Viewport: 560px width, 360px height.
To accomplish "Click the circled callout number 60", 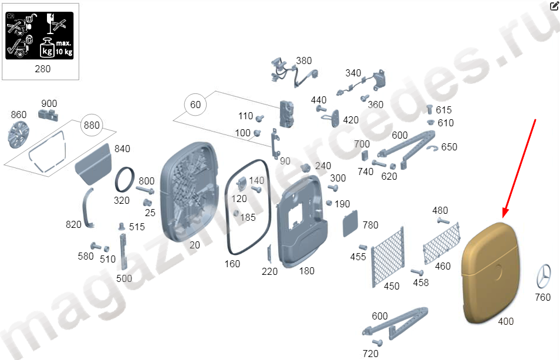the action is click(x=195, y=105).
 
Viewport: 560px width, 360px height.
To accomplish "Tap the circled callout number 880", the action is click(x=92, y=125).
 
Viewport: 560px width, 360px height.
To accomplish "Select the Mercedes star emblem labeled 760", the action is click(x=544, y=276).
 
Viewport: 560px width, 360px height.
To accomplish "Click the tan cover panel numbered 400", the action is click(x=491, y=272).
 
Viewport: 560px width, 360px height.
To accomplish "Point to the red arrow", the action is click(x=519, y=168).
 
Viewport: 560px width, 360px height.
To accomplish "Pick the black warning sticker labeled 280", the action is click(x=40, y=35).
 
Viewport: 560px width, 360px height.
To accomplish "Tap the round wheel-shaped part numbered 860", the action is click(x=18, y=134).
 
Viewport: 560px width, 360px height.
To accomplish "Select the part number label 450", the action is click(x=392, y=286).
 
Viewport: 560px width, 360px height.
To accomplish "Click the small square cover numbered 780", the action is click(x=350, y=224).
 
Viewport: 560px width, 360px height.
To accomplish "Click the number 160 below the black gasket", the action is click(x=232, y=264).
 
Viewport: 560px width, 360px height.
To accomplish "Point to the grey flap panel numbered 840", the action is click(x=93, y=164).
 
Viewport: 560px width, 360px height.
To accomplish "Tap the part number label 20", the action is click(x=195, y=245).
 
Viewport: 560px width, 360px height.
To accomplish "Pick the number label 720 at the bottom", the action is click(x=370, y=354).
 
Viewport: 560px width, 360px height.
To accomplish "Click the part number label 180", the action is click(x=307, y=271).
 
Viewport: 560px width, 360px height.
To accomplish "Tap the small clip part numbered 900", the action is click(x=48, y=115).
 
